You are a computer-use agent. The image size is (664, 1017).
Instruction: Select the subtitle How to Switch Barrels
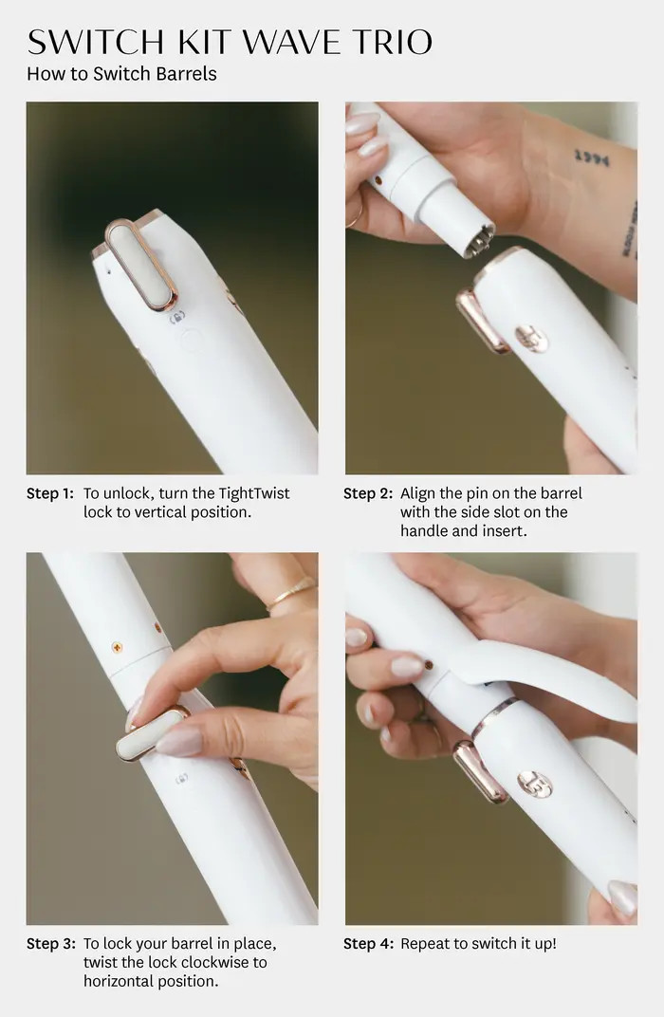(x=121, y=73)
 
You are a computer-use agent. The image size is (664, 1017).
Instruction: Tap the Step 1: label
(x=49, y=493)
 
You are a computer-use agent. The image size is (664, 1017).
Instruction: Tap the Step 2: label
(x=368, y=493)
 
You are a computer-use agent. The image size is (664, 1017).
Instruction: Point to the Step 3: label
(x=49, y=943)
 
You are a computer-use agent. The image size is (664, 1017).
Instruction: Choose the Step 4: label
(x=368, y=943)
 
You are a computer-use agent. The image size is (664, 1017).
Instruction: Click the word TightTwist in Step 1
(x=254, y=493)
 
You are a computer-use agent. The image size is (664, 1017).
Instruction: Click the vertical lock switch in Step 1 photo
(x=141, y=264)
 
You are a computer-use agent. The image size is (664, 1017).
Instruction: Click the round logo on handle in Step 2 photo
(x=531, y=338)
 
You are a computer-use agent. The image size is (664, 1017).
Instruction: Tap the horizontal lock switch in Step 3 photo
(x=152, y=732)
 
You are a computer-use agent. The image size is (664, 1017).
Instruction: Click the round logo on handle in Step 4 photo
(x=534, y=784)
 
